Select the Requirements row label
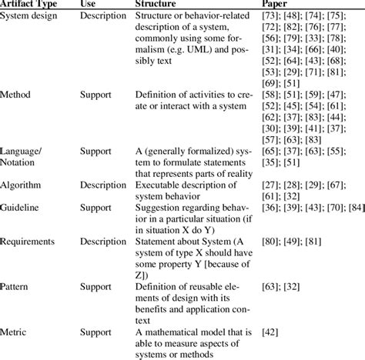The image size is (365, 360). click(27, 241)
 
